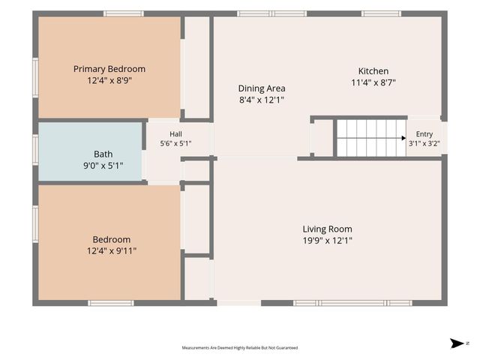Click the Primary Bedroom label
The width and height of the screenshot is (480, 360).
click(109, 69)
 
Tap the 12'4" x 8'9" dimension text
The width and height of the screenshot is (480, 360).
click(109, 80)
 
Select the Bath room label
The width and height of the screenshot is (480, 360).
click(103, 154)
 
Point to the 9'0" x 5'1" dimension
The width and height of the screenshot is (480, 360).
click(103, 166)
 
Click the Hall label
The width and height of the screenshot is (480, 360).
click(175, 134)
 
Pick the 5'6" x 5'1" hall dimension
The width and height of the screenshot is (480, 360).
click(175, 143)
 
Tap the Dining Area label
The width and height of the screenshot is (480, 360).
click(262, 88)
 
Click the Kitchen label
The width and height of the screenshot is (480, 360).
click(373, 71)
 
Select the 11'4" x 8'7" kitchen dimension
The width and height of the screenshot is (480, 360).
click(373, 82)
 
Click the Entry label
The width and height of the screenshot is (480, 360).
click(424, 134)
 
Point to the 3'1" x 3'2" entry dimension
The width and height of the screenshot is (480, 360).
click(424, 143)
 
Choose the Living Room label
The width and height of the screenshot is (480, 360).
click(327, 229)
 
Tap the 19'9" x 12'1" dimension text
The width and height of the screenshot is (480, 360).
click(327, 241)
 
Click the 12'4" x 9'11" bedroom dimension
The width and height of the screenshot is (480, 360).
click(112, 251)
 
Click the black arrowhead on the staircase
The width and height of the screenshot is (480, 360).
click(403, 138)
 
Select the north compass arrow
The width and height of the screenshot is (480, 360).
click(457, 343)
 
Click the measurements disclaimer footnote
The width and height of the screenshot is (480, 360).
click(240, 348)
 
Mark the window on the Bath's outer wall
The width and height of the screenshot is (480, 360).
click(35, 150)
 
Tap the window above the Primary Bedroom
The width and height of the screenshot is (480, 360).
click(123, 13)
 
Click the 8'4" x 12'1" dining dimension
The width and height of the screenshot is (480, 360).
click(262, 100)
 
